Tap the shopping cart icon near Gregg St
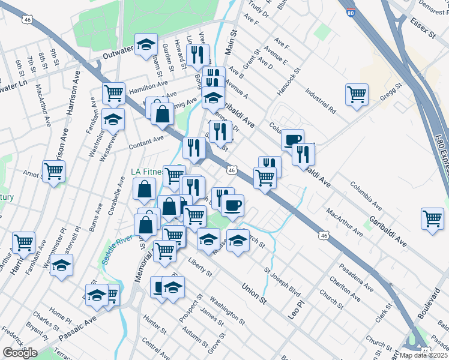tap(357, 95)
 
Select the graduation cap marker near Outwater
tap(146, 44)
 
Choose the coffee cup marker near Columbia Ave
tap(292, 140)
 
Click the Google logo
tap(20, 353)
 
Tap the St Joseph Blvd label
tap(282, 282)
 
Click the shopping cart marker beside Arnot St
tap(53, 172)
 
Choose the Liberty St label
tap(200, 268)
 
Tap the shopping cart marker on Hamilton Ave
tap(113, 93)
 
